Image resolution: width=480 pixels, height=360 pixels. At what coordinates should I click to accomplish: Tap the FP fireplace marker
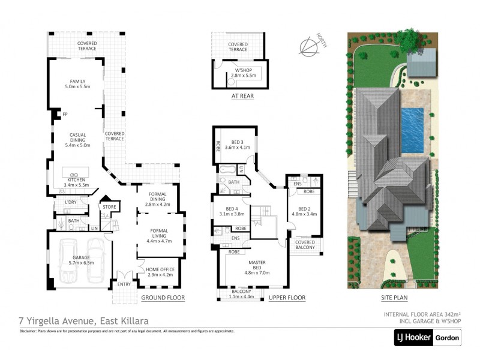click(64, 113)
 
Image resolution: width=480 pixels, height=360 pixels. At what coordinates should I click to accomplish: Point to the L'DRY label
click(63, 203)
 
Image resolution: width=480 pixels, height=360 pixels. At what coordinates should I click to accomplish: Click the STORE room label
click(109, 208)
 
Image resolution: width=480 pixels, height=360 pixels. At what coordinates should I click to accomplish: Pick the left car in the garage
click(69, 261)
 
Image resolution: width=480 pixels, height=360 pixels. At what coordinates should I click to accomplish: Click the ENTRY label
click(124, 284)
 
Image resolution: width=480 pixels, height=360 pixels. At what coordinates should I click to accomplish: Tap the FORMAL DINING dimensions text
click(158, 204)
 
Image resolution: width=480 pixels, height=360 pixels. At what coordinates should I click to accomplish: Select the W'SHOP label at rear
click(243, 73)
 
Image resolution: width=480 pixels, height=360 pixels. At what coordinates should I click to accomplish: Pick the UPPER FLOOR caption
click(287, 298)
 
